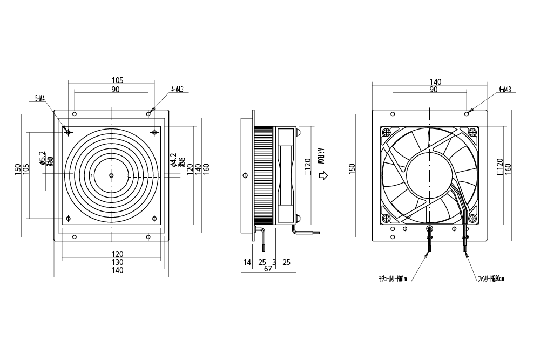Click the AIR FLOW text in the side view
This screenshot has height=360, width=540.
pyautogui.click(x=321, y=154)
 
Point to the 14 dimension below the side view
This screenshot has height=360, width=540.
pyautogui.click(x=247, y=262)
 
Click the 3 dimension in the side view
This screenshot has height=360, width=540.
pyautogui.click(x=274, y=262)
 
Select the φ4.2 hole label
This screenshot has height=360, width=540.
pyautogui.click(x=173, y=160)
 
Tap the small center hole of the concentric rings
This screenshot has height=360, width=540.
pyautogui.click(x=111, y=175)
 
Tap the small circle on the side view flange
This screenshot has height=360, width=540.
pyautogui.click(x=246, y=175)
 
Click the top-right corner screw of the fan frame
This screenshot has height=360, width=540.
pyautogui.click(x=473, y=131)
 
